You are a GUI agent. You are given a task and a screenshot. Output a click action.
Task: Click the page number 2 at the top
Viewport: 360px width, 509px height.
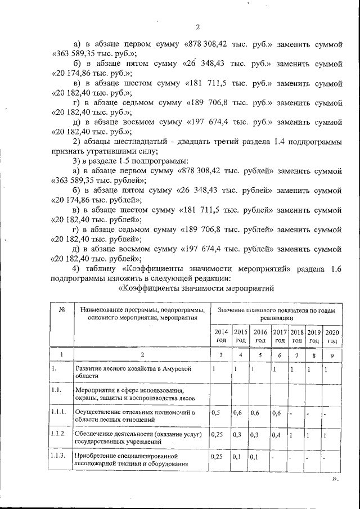click(197, 27)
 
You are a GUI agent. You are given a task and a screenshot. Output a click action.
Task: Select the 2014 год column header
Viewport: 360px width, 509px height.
click(220, 336)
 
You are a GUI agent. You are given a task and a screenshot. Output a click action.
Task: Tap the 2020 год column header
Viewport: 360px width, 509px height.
click(332, 336)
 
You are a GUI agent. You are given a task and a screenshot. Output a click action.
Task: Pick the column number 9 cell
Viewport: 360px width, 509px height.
click(332, 355)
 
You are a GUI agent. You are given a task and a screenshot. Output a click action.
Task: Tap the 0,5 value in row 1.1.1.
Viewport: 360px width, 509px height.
click(215, 413)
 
